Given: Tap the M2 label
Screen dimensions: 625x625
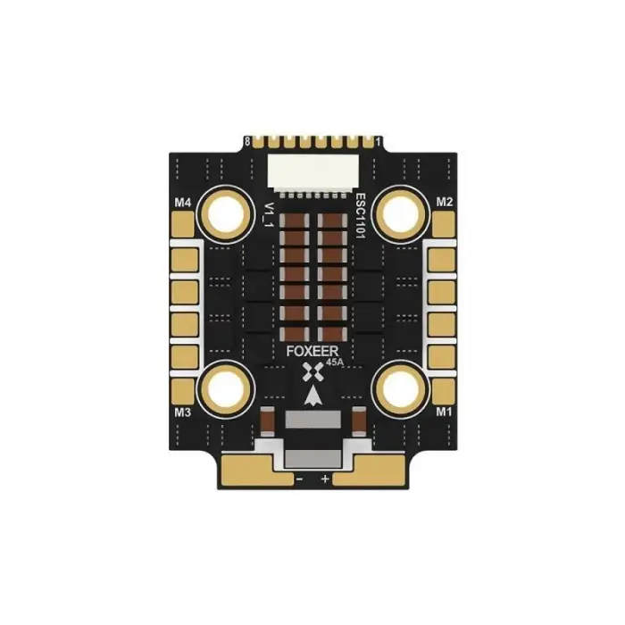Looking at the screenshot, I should pos(444,203).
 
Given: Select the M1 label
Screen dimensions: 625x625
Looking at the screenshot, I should pos(443,412).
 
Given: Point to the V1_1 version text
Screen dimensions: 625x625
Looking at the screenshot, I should pos(266,214).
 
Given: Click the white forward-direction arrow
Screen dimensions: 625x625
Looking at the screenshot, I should pos(312,397).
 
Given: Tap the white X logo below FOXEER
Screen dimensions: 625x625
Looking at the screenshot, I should pos(312,373).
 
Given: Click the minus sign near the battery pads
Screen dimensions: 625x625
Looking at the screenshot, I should pos(299,480).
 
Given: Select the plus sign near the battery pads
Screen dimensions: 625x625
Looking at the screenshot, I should pos(325,480).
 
